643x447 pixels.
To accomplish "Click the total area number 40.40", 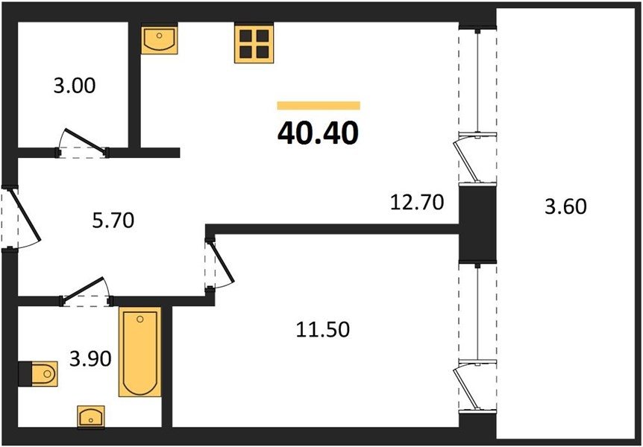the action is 318,133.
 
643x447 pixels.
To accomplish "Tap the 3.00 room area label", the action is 75,86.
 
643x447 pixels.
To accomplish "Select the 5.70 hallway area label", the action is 113,221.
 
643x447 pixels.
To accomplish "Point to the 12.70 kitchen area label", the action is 417,203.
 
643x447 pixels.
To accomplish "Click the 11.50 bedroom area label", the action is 323,329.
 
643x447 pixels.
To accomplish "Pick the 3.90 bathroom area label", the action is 90,359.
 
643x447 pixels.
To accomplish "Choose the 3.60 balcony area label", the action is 565,206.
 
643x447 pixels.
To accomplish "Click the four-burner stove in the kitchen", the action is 254,44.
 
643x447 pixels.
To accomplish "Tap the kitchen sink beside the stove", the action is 160,39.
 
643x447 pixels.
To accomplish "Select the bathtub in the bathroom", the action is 139,352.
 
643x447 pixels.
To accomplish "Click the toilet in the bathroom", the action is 38,374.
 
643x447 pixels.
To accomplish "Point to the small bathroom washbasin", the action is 91,417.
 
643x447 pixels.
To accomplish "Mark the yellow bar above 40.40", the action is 319,106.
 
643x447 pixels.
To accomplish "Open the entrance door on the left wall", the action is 25,214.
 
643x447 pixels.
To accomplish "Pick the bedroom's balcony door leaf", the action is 465,388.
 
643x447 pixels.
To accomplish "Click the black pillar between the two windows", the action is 477,223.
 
